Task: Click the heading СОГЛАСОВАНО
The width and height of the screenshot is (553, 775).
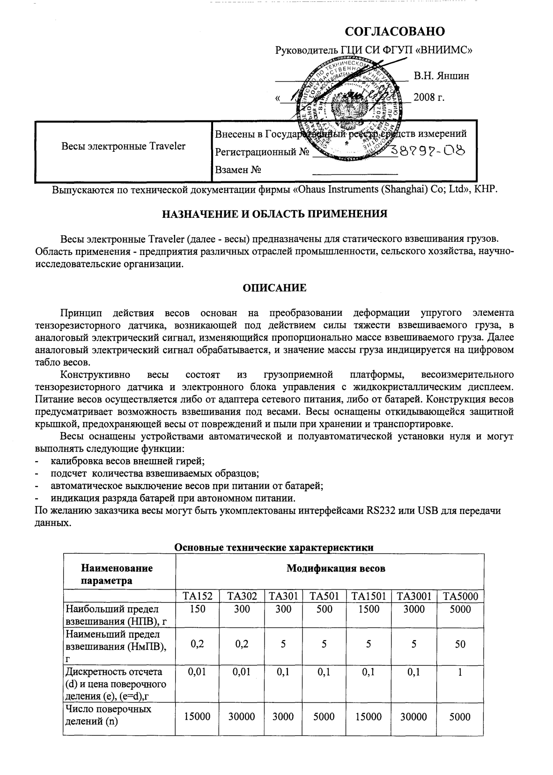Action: pos(394,31)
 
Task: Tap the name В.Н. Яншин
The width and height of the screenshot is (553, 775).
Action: pos(441,75)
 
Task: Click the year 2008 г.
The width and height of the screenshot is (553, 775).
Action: pos(429,97)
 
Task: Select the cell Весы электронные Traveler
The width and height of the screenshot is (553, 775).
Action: pos(123,146)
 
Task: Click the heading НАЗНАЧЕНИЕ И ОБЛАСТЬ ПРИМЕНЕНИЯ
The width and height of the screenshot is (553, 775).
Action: pos(274,214)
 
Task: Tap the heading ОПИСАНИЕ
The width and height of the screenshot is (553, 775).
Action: pos(274,288)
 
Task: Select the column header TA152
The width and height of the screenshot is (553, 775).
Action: pos(197,596)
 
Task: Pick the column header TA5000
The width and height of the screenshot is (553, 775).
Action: pos(460,596)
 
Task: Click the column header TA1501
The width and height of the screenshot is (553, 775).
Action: pos(369,596)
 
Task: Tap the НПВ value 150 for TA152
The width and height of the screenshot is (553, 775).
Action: pos(197,609)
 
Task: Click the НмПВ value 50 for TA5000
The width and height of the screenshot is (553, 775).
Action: pos(460,644)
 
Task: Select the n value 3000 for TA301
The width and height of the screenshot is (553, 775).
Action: pos(283,716)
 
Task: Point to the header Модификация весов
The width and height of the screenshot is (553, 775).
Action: pos(336,568)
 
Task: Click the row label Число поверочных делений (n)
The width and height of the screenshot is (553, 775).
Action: pos(108,715)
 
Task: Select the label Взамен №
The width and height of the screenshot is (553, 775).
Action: pos(238,170)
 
